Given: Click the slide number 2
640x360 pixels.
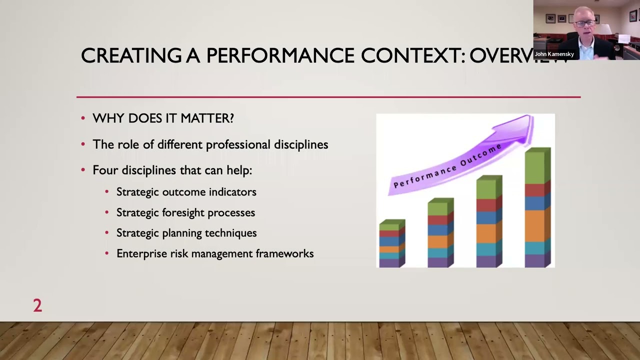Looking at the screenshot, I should pos(37,305).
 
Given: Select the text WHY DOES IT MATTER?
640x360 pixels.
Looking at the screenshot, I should pos(163,118).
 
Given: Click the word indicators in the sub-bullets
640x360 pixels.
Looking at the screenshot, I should pos(232,192).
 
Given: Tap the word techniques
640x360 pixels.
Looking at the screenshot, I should pos(234,233).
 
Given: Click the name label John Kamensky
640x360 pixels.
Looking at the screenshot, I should pos(554,54).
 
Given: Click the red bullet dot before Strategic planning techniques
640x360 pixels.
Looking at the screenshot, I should pos(107,233).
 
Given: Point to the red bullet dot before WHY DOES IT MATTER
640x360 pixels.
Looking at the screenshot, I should pos(83,118).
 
